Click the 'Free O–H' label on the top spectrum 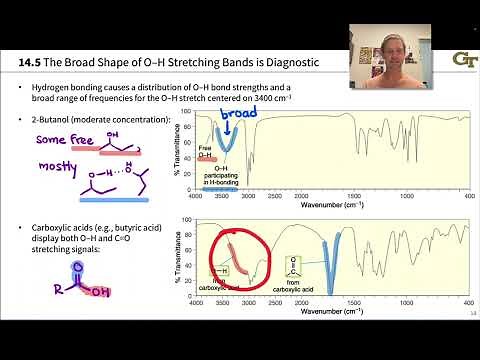coord(205,152)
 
